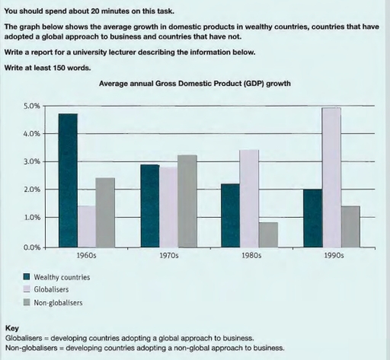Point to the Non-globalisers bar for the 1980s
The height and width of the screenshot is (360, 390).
click(x=267, y=234)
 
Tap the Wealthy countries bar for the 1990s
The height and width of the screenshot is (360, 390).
click(x=312, y=218)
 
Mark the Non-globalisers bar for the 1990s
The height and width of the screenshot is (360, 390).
click(x=350, y=226)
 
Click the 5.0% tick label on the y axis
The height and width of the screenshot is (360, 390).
click(x=30, y=106)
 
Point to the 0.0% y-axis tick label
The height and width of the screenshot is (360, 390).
click(x=30, y=247)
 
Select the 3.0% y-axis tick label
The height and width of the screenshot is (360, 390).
click(x=30, y=162)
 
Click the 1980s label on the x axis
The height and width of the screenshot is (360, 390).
click(x=251, y=256)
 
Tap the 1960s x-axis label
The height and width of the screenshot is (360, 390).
click(x=86, y=256)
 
